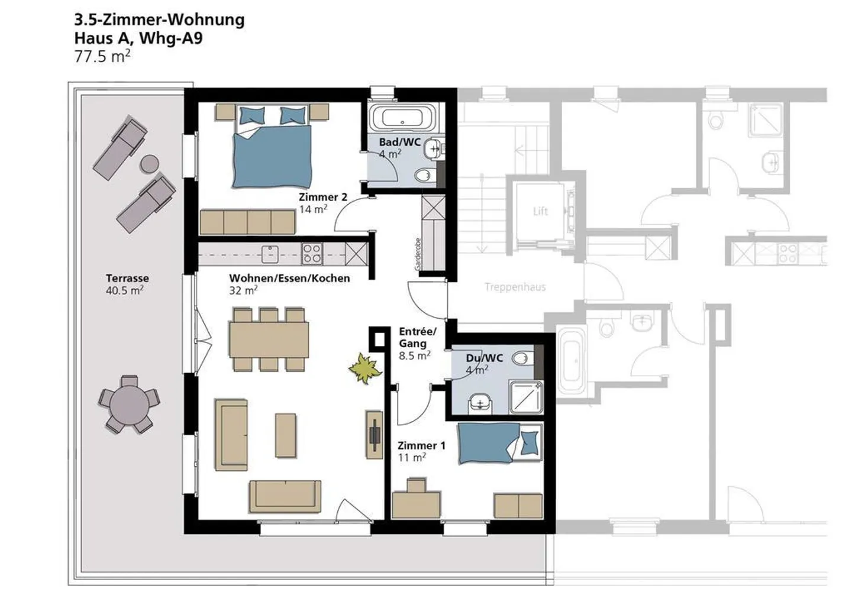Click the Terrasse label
click(x=127, y=278)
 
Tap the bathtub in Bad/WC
click(x=402, y=118)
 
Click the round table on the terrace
click(x=130, y=404)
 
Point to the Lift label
click(x=540, y=211)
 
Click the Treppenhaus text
click(x=515, y=287)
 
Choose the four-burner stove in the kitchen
click(x=312, y=254)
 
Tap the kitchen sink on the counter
click(x=270, y=254)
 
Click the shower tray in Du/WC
click(x=526, y=397)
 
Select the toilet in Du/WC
click(x=522, y=358)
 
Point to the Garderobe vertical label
click(x=418, y=254)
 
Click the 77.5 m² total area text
click(x=102, y=56)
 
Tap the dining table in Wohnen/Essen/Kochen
click(x=269, y=340)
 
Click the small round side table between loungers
click(x=150, y=164)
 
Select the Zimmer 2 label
click(x=323, y=198)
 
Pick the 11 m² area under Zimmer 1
click(x=412, y=458)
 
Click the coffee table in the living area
click(x=286, y=436)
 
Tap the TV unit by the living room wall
click(x=375, y=435)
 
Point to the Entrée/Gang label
click(x=417, y=338)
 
